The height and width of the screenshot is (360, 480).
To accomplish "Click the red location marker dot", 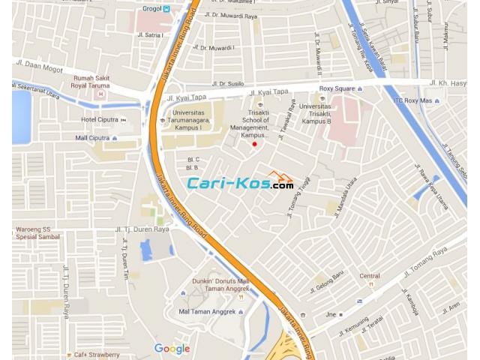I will (x=254, y=144).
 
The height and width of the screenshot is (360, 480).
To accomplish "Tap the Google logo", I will (x=172, y=349).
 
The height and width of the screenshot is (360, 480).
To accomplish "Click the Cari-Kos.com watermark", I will (x=240, y=182).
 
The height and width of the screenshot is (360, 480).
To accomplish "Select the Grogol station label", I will (x=153, y=9).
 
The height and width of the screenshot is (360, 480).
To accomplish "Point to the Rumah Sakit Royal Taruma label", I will (x=92, y=82).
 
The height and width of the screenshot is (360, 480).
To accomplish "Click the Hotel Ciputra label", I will (x=100, y=120).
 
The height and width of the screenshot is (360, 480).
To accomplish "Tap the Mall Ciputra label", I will (x=92, y=138).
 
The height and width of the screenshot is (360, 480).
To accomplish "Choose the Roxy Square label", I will (x=337, y=88).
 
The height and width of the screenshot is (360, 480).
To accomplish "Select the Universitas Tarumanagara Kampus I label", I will (x=187, y=120).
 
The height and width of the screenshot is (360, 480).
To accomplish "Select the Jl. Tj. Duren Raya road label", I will (x=142, y=229).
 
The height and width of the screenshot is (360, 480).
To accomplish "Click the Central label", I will (x=369, y=276).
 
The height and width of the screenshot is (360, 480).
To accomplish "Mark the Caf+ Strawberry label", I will (x=95, y=355).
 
